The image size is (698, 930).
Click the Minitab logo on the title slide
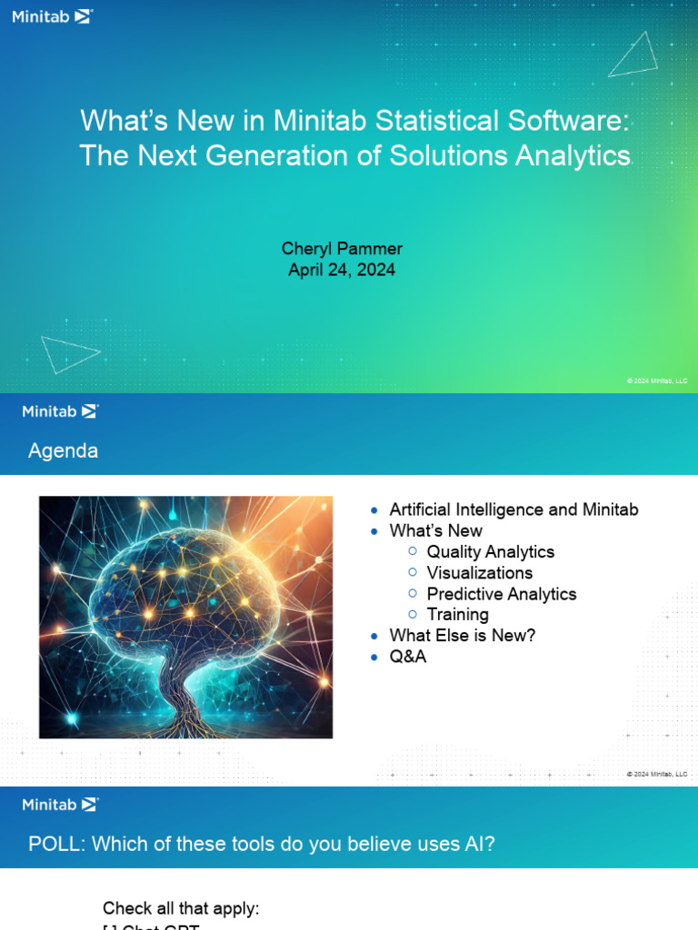52,15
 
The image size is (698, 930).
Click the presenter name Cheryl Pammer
342,249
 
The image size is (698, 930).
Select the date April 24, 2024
342,270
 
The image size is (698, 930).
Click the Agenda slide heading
64,450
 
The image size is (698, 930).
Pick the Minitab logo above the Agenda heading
60,411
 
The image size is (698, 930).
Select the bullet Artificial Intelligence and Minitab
514,510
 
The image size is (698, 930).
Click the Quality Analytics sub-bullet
490,551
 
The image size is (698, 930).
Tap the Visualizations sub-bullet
479,572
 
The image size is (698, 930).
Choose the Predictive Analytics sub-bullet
501,593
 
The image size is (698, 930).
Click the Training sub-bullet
457,614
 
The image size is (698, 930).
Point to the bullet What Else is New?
463,635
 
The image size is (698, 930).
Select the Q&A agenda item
407,656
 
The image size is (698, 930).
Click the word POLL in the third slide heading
55,844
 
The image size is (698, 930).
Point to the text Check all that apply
181,908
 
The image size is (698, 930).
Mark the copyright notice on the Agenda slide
657,774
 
